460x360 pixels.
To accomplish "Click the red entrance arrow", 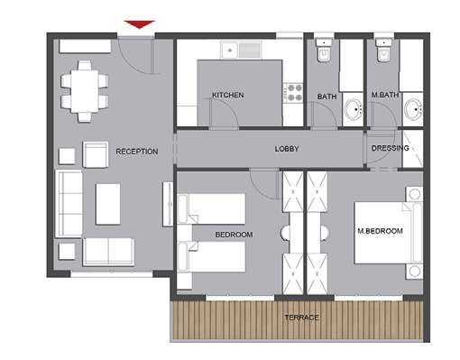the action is click(x=140, y=24).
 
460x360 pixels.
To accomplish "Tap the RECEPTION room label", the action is click(x=137, y=152).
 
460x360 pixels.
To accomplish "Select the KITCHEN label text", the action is click(x=228, y=95).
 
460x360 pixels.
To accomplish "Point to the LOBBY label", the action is click(x=287, y=149).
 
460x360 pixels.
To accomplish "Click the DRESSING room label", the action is click(x=390, y=148).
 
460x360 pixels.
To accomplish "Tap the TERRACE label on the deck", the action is click(x=301, y=318).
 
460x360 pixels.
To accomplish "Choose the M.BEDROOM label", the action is click(x=380, y=231).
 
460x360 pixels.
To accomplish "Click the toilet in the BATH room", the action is click(x=324, y=50).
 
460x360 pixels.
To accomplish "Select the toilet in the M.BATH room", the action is click(x=384, y=50).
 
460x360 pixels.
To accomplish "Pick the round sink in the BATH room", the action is click(x=353, y=109).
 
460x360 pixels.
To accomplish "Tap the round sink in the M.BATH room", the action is click(x=413, y=109).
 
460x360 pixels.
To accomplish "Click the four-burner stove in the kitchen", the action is click(x=294, y=93).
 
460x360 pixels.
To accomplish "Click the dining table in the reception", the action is click(x=85, y=91).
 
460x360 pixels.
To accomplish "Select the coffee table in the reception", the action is click(x=108, y=204).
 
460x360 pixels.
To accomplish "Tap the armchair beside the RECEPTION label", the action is click(x=96, y=154).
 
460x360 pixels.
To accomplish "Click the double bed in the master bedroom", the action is click(x=389, y=233).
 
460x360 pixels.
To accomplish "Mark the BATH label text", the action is click(x=327, y=97).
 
